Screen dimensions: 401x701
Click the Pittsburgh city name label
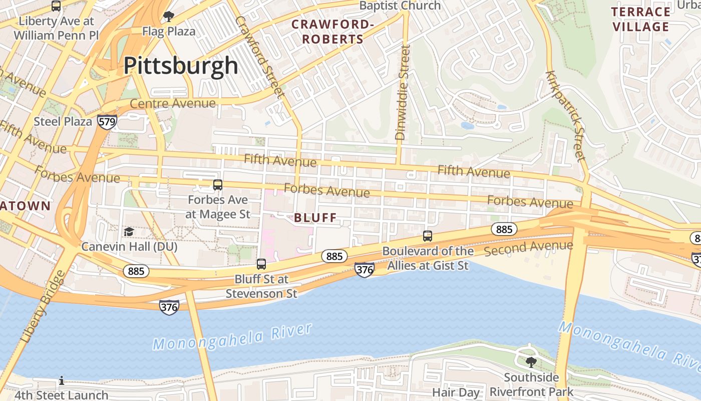click(x=181, y=66)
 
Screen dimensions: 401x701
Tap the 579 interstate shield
click(x=107, y=121)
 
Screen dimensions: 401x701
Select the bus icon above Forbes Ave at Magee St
click(x=217, y=185)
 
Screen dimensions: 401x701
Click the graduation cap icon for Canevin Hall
click(x=129, y=232)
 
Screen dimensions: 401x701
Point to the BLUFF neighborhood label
click(x=315, y=218)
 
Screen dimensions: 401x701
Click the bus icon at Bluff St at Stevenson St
click(x=261, y=264)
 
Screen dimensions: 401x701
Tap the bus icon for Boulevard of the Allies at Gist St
click(x=427, y=236)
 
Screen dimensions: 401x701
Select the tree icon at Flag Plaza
click(x=169, y=17)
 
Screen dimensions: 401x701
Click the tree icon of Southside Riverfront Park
click(x=531, y=361)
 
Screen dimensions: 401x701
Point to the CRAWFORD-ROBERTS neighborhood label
click(x=333, y=32)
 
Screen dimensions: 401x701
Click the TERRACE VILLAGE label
click(x=641, y=19)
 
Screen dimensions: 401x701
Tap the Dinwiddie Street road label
click(x=402, y=93)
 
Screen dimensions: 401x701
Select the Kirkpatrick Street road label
click(x=565, y=116)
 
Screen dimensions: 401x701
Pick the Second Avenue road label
click(x=528, y=248)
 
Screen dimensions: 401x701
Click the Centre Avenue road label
click(x=173, y=103)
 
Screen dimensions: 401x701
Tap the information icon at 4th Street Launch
click(x=62, y=381)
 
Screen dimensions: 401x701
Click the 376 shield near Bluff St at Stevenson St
click(x=169, y=307)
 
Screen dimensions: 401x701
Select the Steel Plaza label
click(x=63, y=121)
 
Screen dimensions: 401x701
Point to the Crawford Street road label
click(x=259, y=56)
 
